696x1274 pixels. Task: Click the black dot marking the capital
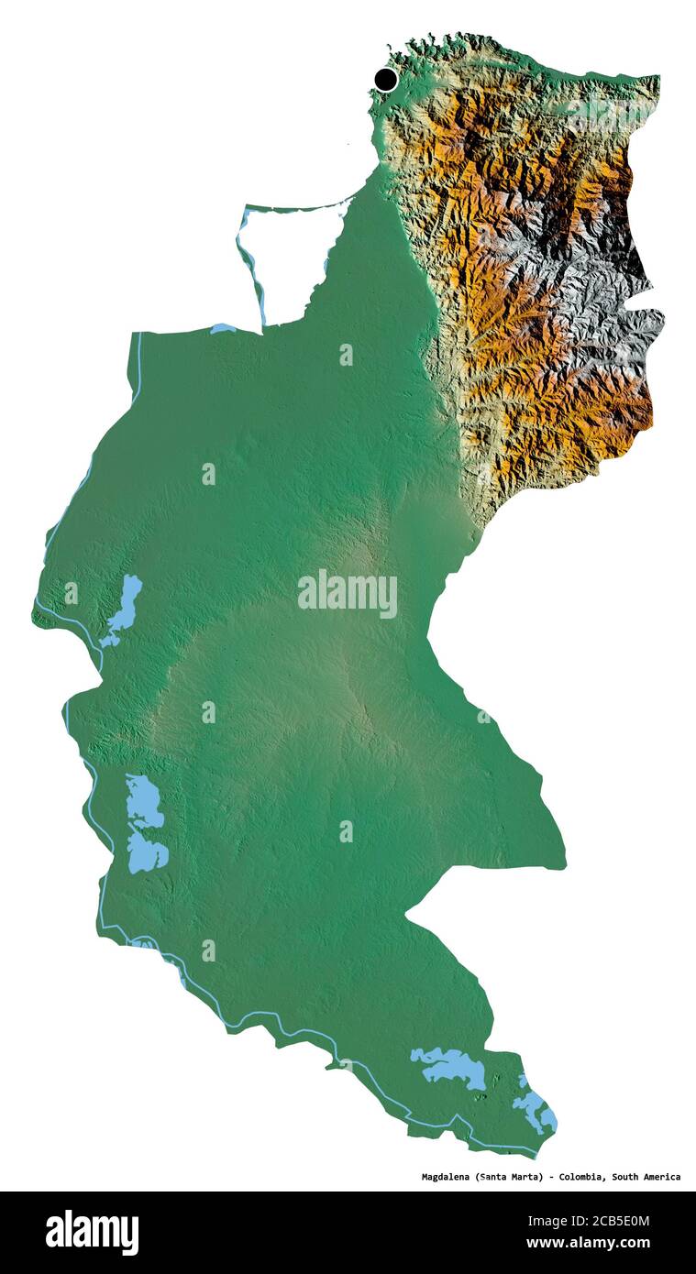click(386, 80)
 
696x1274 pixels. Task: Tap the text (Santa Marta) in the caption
click(509, 1176)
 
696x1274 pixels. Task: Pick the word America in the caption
click(662, 1176)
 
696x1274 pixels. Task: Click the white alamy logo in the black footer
click(92, 1233)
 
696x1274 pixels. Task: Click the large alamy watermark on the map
click(348, 594)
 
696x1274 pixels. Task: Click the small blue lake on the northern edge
click(223, 328)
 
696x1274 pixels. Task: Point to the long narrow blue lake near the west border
click(123, 609)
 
